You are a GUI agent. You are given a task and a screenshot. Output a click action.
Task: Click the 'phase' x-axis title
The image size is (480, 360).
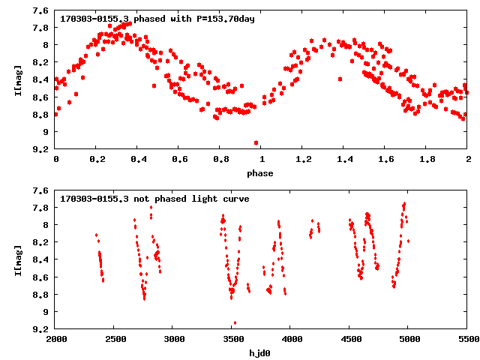coord(262,174)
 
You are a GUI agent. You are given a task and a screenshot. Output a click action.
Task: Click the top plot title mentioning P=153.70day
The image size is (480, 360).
coord(158,19)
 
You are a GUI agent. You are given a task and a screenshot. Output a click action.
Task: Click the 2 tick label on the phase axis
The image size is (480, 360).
coord(468,160)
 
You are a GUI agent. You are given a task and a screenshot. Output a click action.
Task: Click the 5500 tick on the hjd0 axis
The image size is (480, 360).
coord(468,340)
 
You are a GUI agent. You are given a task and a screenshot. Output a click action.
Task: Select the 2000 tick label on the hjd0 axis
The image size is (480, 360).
coord(55,340)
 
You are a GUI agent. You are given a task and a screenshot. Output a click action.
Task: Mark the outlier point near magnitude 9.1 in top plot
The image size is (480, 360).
coord(256,142)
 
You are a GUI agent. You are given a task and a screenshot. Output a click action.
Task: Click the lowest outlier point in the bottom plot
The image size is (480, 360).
coord(235,323)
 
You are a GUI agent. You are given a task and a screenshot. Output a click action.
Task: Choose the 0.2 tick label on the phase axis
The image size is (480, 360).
coord(97,160)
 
